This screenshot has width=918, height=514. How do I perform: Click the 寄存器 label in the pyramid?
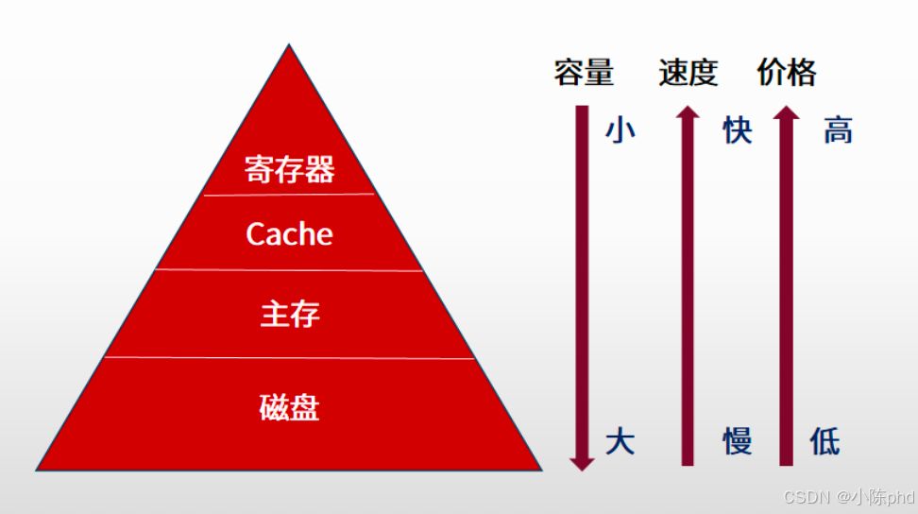[x=289, y=170]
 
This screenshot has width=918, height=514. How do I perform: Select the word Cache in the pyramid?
[x=289, y=233]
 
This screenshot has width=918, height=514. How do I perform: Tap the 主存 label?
[x=289, y=314]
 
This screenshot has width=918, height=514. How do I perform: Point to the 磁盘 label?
[x=289, y=407]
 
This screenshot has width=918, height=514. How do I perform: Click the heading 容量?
[x=584, y=73]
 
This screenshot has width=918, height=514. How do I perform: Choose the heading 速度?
[x=688, y=73]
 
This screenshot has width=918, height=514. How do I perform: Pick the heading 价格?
[x=787, y=73]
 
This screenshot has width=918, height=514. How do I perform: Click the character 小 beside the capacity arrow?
[x=620, y=130]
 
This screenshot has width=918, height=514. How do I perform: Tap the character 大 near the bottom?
[x=620, y=441]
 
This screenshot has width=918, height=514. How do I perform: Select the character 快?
[x=738, y=130]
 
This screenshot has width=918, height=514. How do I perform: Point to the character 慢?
[x=738, y=441]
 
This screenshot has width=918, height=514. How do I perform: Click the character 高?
[x=838, y=130]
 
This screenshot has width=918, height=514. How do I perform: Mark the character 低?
[x=824, y=441]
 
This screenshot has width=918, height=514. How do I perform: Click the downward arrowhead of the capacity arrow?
[x=582, y=462]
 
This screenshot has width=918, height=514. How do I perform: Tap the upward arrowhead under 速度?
[x=688, y=113]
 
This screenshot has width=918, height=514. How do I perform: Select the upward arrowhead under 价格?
[x=786, y=113]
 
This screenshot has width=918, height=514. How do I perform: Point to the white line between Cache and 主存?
[x=289, y=270]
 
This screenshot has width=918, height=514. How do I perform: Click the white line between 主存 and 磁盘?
[x=289, y=358]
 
